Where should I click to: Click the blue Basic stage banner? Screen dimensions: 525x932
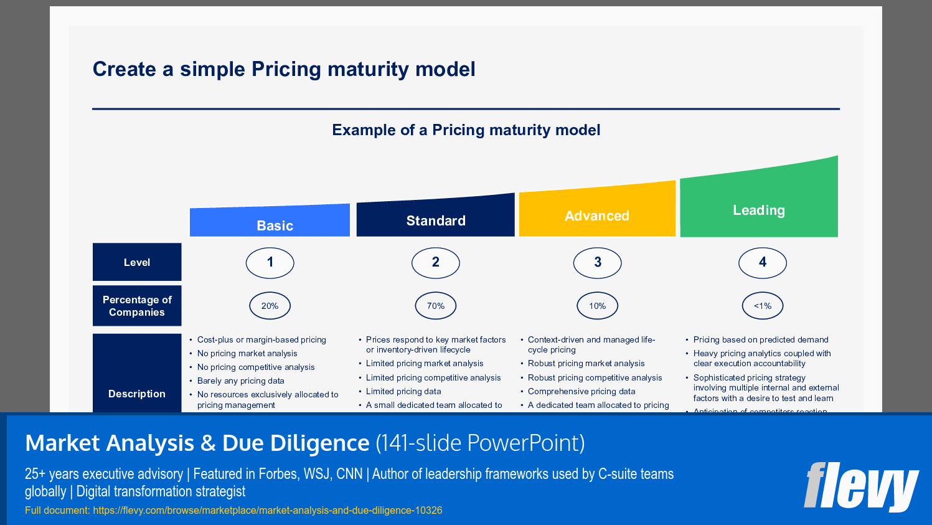270,222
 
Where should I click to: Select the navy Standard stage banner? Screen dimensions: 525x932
435,217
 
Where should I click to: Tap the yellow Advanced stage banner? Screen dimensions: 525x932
597,212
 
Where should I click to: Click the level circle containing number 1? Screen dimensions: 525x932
270,262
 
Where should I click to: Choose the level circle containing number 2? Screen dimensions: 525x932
435,262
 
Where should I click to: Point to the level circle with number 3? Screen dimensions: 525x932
597,262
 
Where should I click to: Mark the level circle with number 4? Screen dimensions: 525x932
762,262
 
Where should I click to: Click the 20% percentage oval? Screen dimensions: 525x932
270,306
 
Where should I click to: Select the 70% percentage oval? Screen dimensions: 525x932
435,306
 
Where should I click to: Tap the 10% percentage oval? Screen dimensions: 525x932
597,306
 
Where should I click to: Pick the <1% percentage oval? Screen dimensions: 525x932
762,306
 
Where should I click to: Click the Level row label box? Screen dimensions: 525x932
137,262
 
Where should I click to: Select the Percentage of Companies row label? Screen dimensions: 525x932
137,306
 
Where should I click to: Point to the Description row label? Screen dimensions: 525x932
137,393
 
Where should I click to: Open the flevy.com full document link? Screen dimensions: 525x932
267,511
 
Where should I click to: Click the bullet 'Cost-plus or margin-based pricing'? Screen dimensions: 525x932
261,340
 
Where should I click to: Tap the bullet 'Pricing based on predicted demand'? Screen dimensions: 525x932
760,340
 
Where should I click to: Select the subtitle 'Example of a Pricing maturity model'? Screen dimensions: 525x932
466,130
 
